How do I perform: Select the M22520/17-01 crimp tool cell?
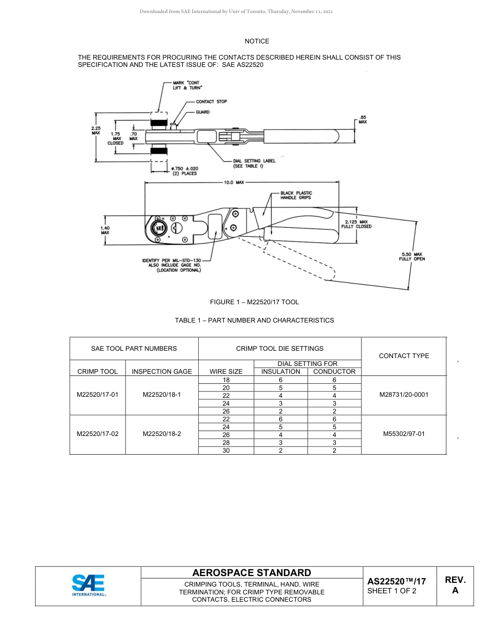[x=97, y=395]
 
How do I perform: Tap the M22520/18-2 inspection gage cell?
[x=162, y=434]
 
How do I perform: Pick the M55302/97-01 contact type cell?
[x=403, y=434]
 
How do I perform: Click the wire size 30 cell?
[x=226, y=451]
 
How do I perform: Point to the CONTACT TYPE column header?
[x=403, y=356]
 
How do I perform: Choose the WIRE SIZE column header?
[x=226, y=372]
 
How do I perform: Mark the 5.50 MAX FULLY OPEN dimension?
[x=412, y=256]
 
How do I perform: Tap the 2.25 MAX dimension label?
[x=95, y=130]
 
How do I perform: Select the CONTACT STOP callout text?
[x=211, y=101]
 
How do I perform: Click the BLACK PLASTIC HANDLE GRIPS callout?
[x=296, y=196]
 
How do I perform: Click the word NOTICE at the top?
[x=257, y=41]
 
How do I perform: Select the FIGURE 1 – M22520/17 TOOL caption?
[x=254, y=302]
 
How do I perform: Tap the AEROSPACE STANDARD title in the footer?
[x=252, y=573]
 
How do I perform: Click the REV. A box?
[x=455, y=585]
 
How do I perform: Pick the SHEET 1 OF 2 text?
[x=392, y=591]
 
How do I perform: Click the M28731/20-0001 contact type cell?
[x=403, y=395]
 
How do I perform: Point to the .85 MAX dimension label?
[x=362, y=119]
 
